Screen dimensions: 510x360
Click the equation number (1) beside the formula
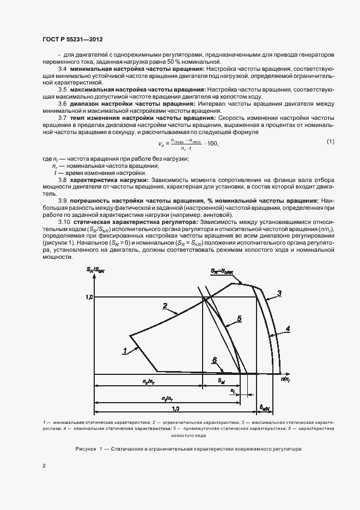pos(330,142)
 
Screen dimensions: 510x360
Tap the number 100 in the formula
pos(212,143)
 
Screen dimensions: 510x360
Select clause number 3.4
pos(62,70)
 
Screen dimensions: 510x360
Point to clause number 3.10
pos(64,222)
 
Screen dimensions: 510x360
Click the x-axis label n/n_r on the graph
pos(285,377)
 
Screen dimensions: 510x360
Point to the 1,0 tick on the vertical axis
pos(90,297)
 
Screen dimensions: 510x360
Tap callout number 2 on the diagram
pos(164,306)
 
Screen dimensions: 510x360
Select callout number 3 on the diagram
pos(279,294)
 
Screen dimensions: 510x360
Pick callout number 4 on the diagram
pos(287,328)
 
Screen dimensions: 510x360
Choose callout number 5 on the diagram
pos(239,318)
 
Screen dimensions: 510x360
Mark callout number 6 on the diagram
pos(215,360)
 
